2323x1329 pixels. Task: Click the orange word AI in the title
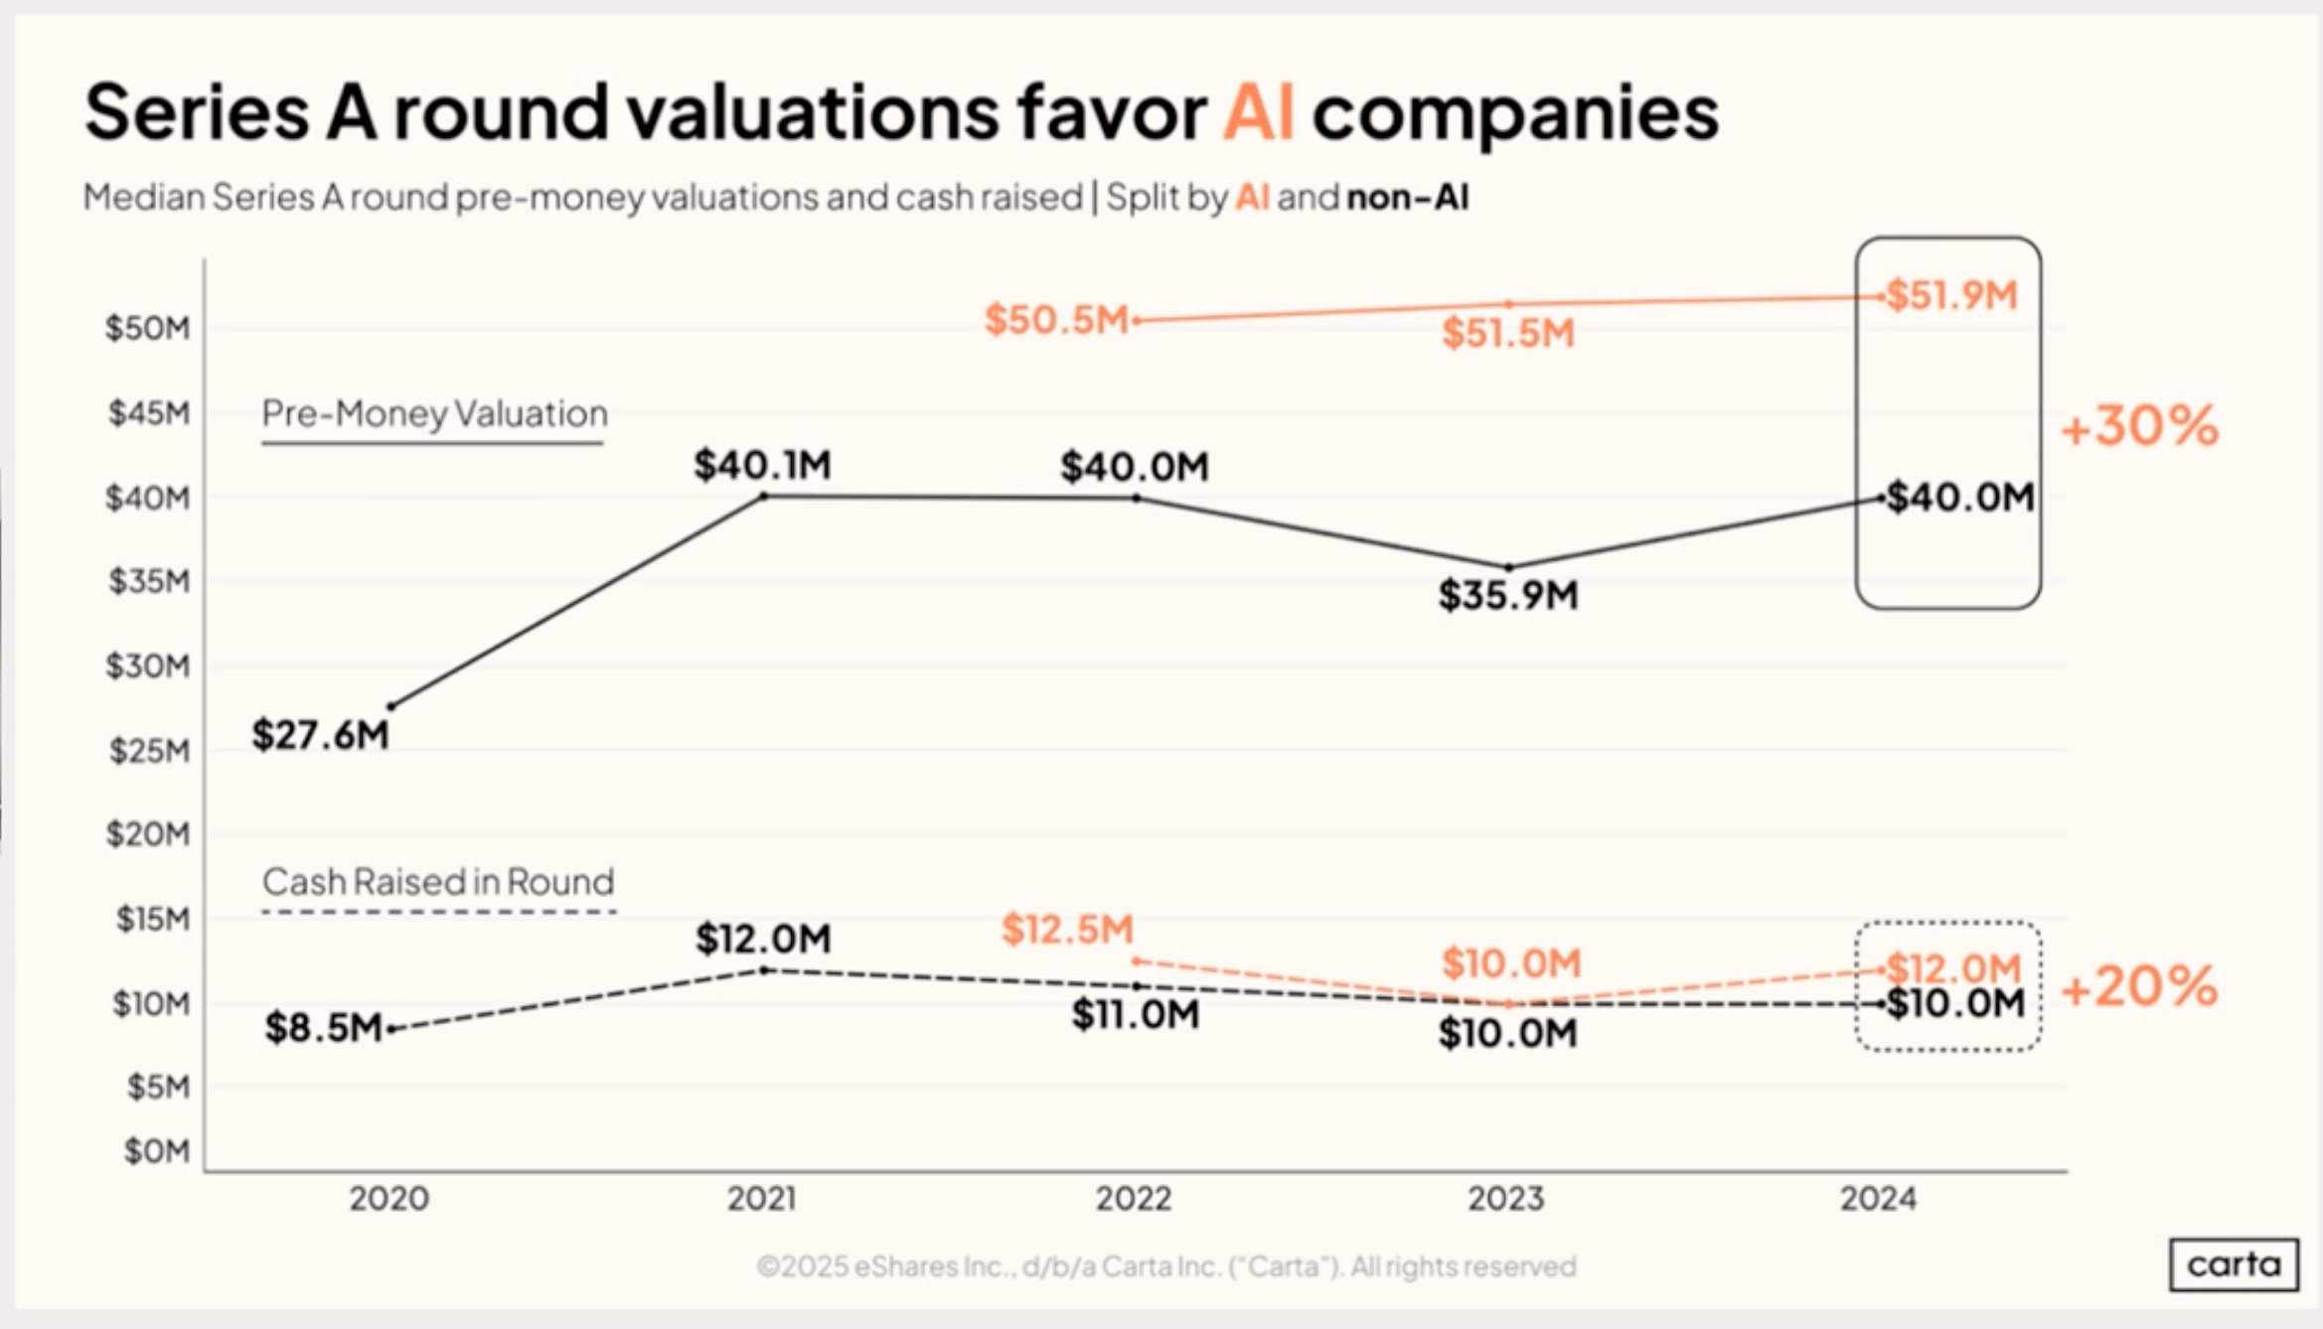click(1258, 112)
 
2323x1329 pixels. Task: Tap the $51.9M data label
click(1951, 295)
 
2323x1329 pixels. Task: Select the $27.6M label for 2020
click(320, 735)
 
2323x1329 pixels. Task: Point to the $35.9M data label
click(1508, 595)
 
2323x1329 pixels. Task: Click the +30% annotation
click(2139, 426)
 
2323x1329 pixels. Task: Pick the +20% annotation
click(2139, 986)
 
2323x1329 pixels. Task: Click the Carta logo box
click(2234, 1264)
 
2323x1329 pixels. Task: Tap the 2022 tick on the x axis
click(1134, 1199)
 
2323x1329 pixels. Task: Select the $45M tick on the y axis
click(148, 413)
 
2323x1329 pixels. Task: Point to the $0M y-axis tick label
click(156, 1151)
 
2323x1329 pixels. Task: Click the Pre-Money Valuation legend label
click(434, 413)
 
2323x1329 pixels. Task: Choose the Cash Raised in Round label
click(438, 882)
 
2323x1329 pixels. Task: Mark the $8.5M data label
click(323, 1027)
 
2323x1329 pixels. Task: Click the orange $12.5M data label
click(1067, 930)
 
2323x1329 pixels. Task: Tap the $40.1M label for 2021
click(762, 465)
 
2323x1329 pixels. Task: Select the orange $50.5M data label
click(1056, 320)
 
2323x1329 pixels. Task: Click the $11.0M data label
click(1135, 1015)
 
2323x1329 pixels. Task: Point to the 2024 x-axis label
click(1878, 1199)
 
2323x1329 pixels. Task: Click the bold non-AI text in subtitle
click(1407, 198)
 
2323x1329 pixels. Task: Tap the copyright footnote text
click(1165, 1266)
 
